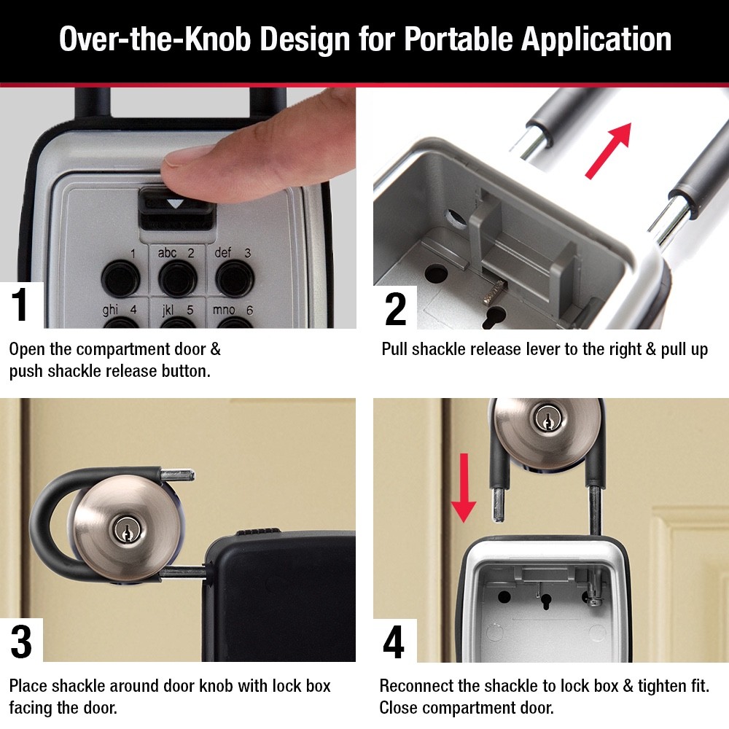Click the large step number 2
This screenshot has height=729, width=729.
395,308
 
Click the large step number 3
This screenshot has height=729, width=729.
21,642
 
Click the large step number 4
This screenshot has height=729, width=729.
394,642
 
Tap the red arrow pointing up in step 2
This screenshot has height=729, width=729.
609,149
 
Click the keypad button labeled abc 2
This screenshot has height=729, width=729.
175,275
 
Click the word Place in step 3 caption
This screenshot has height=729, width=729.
29,686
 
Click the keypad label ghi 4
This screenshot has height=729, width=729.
119,310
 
